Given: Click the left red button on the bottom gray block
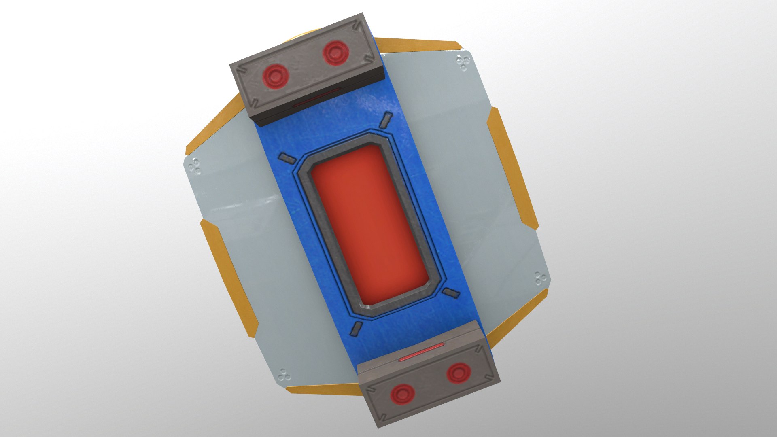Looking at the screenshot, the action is click(402, 394).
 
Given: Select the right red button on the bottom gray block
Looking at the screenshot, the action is click(459, 373).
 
